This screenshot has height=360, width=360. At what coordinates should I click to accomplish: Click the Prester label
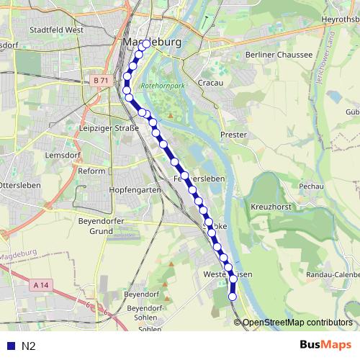tap(234, 135)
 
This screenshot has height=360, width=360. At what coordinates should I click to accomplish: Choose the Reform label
tap(91, 171)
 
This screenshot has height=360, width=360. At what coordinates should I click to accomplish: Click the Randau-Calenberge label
tap(332, 274)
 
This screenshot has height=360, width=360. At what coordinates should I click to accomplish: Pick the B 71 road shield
tap(99, 82)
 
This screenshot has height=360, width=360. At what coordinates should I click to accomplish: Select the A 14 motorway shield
tap(41, 285)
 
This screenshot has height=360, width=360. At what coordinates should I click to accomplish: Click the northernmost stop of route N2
tap(146, 44)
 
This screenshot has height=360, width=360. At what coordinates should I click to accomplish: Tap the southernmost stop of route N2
tap(233, 296)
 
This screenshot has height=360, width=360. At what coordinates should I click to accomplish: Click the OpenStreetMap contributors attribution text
tap(298, 323)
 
